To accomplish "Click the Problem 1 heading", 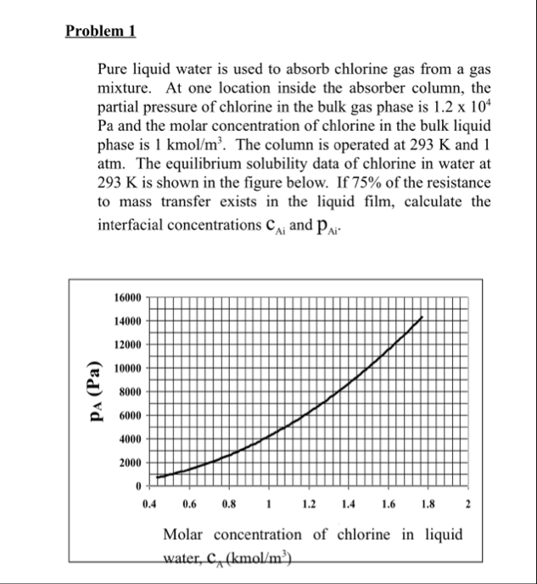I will click(101, 32).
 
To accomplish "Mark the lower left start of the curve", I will click(158, 478).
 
